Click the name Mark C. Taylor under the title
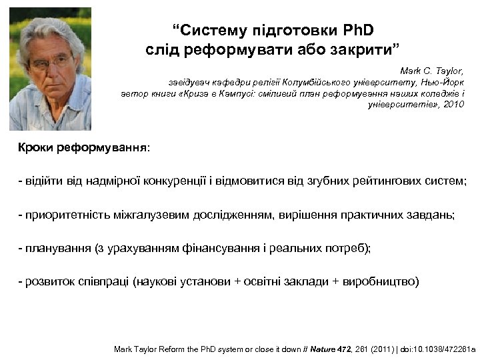(x=431, y=70)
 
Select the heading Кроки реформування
(x=84, y=147)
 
